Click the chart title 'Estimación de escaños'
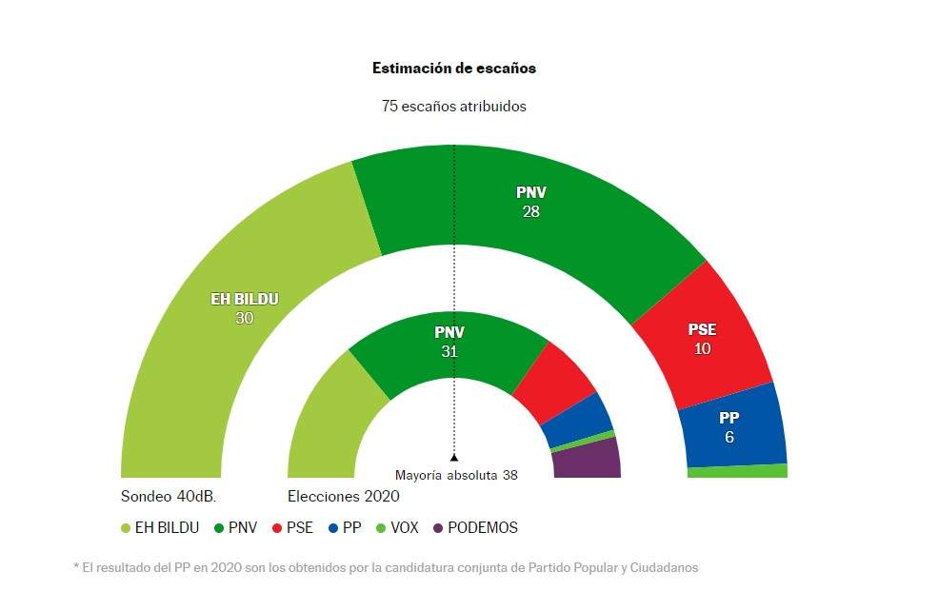(x=453, y=69)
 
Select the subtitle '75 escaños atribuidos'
(x=453, y=107)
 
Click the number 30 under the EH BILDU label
(x=244, y=319)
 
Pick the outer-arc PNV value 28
(x=530, y=211)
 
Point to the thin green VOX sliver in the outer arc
(x=737, y=471)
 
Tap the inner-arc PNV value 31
(x=449, y=351)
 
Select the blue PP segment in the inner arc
(x=579, y=419)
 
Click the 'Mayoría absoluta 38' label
(x=456, y=474)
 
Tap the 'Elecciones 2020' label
(x=343, y=497)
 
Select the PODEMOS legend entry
(x=475, y=528)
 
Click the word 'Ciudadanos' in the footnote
(x=664, y=568)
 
